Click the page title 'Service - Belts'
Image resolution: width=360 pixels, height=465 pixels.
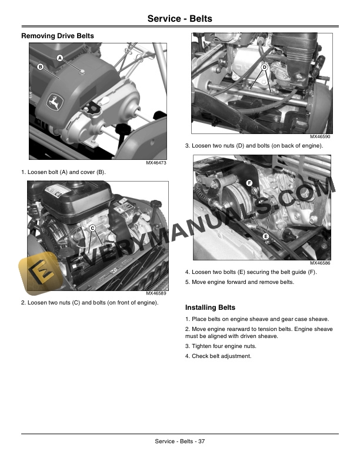click(x=179, y=19)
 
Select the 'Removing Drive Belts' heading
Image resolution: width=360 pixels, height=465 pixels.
click(x=58, y=36)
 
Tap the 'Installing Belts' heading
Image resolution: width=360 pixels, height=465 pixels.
click(x=210, y=307)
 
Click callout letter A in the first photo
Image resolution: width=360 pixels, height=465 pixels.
click(x=60, y=57)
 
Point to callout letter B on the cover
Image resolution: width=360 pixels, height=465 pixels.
click(x=41, y=67)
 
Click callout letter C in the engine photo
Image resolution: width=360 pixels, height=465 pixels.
click(x=93, y=228)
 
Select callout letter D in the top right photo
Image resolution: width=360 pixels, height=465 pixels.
click(x=265, y=68)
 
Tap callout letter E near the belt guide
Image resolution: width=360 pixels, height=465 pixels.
click(x=266, y=236)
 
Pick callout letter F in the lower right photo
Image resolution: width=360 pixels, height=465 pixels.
click(x=249, y=183)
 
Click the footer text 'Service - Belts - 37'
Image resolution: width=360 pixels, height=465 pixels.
click(x=179, y=441)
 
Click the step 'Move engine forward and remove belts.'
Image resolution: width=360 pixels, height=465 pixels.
click(x=239, y=282)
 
